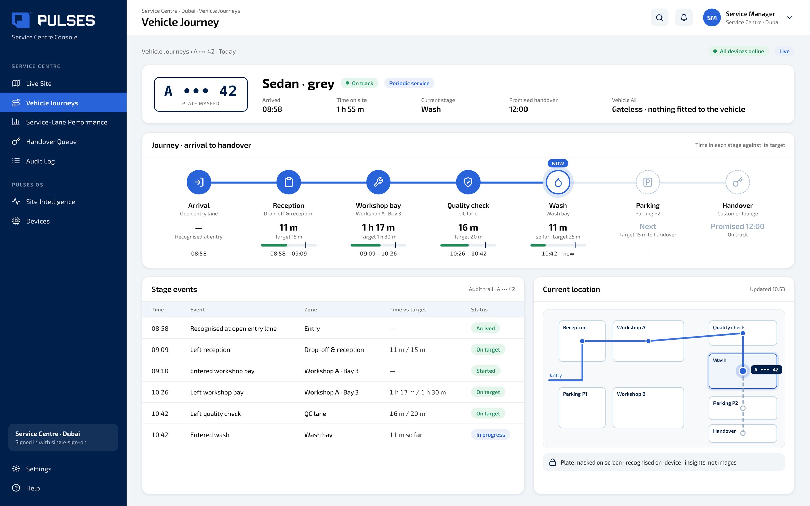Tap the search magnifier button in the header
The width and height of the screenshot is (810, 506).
(659, 18)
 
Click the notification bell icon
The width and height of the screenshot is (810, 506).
(684, 18)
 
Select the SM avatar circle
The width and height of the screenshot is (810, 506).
(711, 18)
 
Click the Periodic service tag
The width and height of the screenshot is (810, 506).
(409, 83)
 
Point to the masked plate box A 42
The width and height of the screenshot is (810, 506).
(201, 94)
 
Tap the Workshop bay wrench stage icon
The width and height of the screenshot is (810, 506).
(378, 182)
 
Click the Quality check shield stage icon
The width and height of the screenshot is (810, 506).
(468, 182)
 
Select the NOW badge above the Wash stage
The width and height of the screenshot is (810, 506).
(558, 163)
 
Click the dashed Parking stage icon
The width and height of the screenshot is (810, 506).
(648, 182)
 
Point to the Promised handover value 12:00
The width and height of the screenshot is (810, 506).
(518, 109)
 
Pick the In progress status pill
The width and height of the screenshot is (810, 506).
(490, 435)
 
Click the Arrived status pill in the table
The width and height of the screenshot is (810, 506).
(485, 328)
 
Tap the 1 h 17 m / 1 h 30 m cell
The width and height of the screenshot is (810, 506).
(417, 392)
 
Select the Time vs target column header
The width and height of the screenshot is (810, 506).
(407, 309)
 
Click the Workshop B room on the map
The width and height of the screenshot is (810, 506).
(648, 407)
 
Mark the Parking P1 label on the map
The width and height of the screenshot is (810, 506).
(575, 394)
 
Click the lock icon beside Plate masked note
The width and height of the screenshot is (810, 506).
(552, 462)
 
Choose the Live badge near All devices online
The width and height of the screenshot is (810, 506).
(784, 51)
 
